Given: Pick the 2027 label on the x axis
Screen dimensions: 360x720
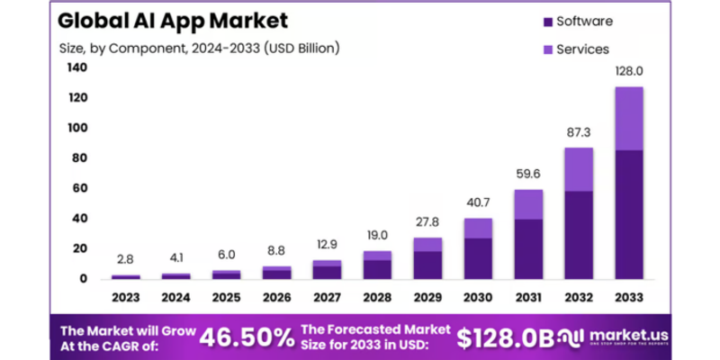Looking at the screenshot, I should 327,296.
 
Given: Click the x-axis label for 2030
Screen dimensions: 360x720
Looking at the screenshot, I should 478,296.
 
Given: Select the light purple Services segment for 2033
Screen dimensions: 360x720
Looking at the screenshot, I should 629,118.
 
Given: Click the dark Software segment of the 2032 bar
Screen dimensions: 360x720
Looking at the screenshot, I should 579,234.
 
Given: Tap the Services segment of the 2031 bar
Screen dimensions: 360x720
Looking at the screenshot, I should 528,204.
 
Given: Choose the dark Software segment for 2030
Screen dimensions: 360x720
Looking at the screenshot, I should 478,258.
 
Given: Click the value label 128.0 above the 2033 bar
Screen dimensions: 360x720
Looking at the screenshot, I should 629,71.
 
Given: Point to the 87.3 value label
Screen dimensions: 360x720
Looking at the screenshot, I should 579,131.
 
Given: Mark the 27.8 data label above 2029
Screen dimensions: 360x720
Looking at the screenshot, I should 427,221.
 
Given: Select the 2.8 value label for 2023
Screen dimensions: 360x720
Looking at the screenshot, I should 125,259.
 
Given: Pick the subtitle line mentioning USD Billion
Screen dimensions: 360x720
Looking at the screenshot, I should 199,47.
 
